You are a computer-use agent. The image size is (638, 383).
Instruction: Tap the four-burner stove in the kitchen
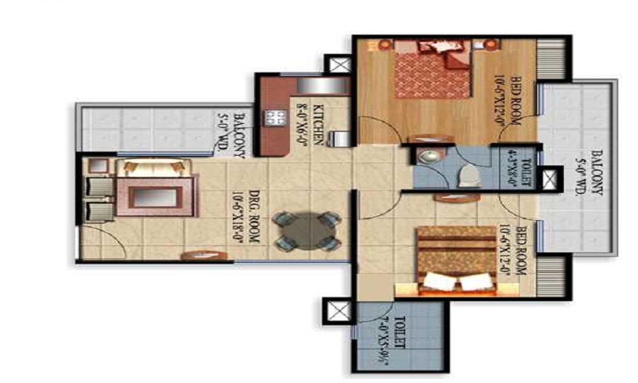(x=276, y=117)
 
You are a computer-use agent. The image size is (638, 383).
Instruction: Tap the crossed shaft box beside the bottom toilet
(x=337, y=313)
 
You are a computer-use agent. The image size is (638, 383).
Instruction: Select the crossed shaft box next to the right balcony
(x=550, y=179)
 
